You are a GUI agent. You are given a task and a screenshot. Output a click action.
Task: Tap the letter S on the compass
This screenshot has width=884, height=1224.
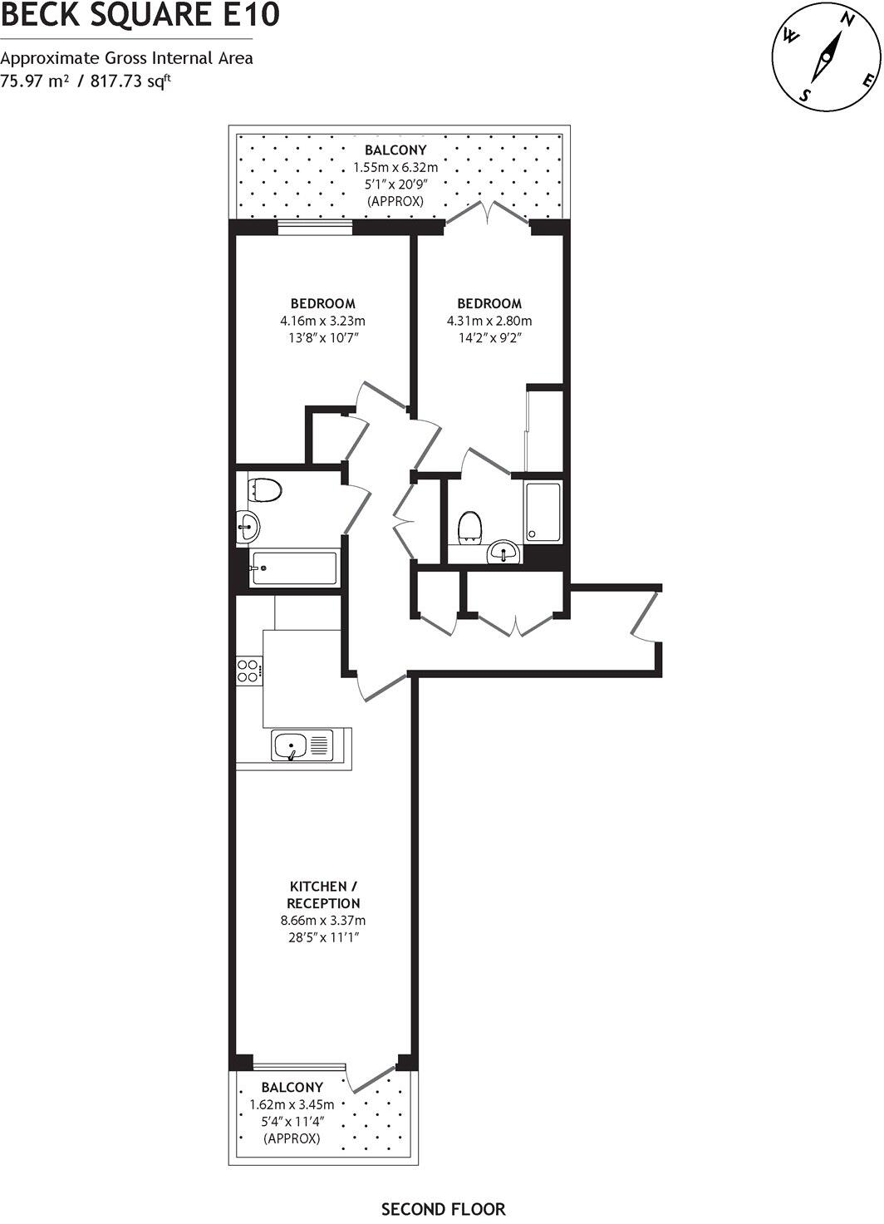coord(804,95)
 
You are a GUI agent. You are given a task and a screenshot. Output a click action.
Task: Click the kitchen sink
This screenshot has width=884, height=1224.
coord(302,745)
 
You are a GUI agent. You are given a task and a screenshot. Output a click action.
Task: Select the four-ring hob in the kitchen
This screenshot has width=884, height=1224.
coord(248,670)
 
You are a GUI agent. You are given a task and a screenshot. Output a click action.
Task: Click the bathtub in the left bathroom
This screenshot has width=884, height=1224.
coord(294,568)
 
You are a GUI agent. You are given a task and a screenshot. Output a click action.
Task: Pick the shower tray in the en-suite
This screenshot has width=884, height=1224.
coord(543,512)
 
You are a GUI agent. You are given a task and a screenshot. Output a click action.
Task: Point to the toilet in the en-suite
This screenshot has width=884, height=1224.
coord(470,527)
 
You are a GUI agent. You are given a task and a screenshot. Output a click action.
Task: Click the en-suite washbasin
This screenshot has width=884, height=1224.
coord(503,552)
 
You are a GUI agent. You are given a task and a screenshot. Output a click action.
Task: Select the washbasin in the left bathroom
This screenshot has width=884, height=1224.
coord(248,525)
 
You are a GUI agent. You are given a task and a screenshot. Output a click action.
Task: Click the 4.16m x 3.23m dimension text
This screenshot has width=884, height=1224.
coord(323,321)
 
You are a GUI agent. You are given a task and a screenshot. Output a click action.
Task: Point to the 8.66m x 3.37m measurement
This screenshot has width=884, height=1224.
coord(323,921)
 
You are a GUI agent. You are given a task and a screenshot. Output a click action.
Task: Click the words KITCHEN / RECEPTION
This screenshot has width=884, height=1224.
coord(323,895)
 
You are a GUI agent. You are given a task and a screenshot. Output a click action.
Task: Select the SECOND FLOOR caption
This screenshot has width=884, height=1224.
coord(443,1209)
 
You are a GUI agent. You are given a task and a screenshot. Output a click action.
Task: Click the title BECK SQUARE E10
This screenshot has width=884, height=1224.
coord(140,15)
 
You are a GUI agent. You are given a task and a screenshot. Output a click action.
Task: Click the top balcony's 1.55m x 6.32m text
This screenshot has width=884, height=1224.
coord(395,167)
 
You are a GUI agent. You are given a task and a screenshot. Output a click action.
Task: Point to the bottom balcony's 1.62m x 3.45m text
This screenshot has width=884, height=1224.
coord(292,1104)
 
